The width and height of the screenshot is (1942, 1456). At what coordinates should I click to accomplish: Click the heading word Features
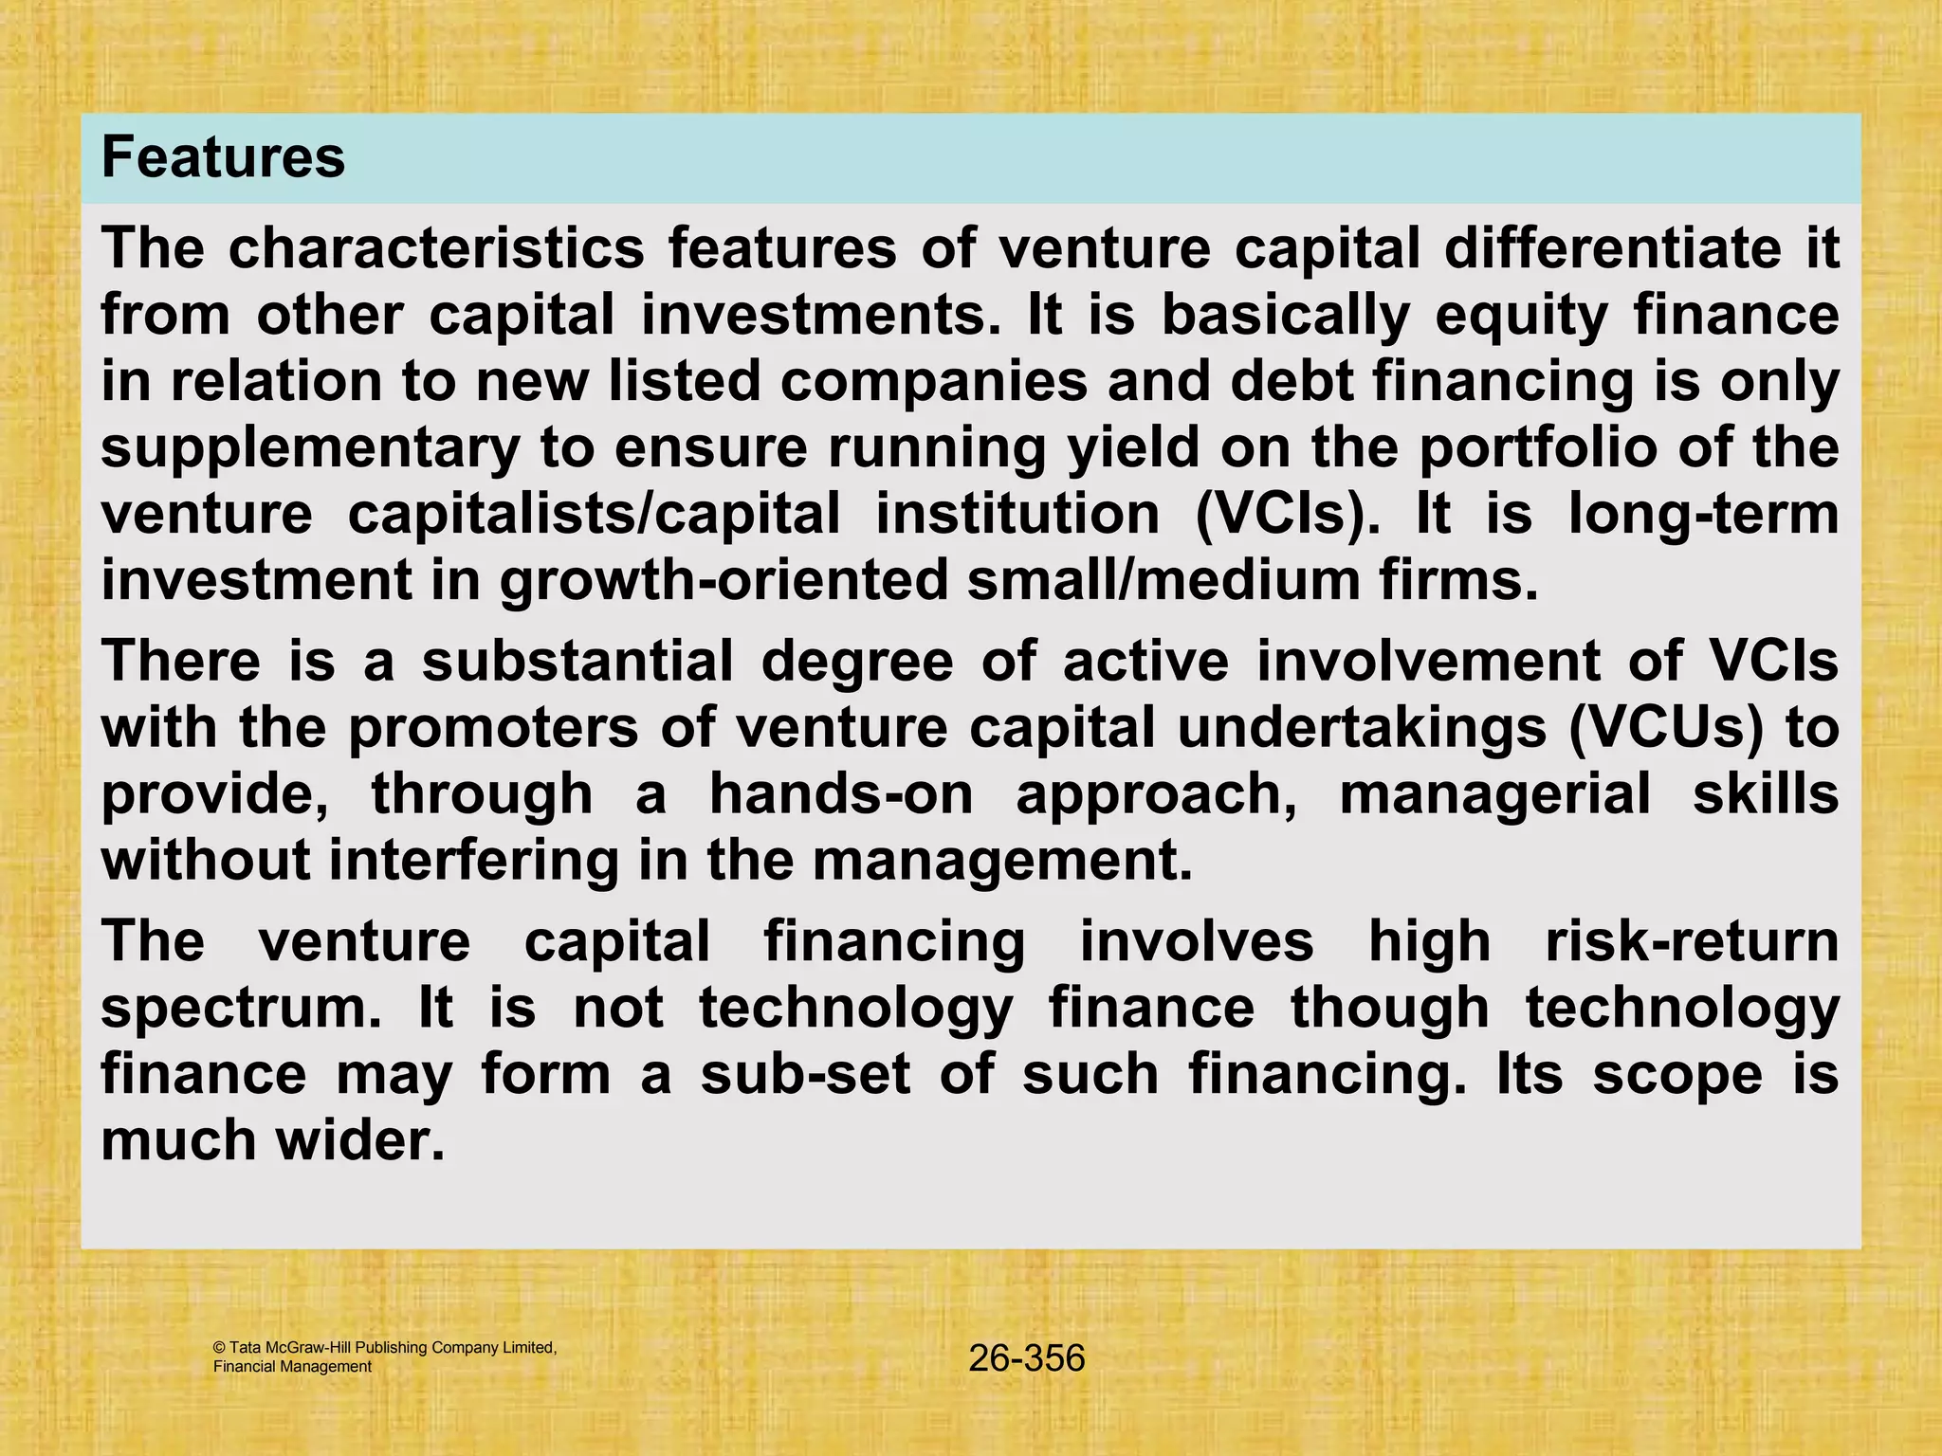(223, 157)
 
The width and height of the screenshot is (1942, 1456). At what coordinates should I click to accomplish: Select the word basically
(1286, 315)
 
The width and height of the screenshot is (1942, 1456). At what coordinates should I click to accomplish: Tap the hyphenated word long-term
(1703, 514)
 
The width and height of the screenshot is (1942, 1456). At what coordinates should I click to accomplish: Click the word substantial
(577, 661)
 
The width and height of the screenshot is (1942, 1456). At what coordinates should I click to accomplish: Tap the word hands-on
(841, 793)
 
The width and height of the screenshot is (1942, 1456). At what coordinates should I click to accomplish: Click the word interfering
(473, 860)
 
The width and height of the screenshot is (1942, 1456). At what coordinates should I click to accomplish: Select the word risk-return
(1692, 941)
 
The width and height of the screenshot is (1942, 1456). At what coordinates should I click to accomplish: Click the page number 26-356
(1026, 1358)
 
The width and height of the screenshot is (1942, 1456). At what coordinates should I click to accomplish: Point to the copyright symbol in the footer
(219, 1348)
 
